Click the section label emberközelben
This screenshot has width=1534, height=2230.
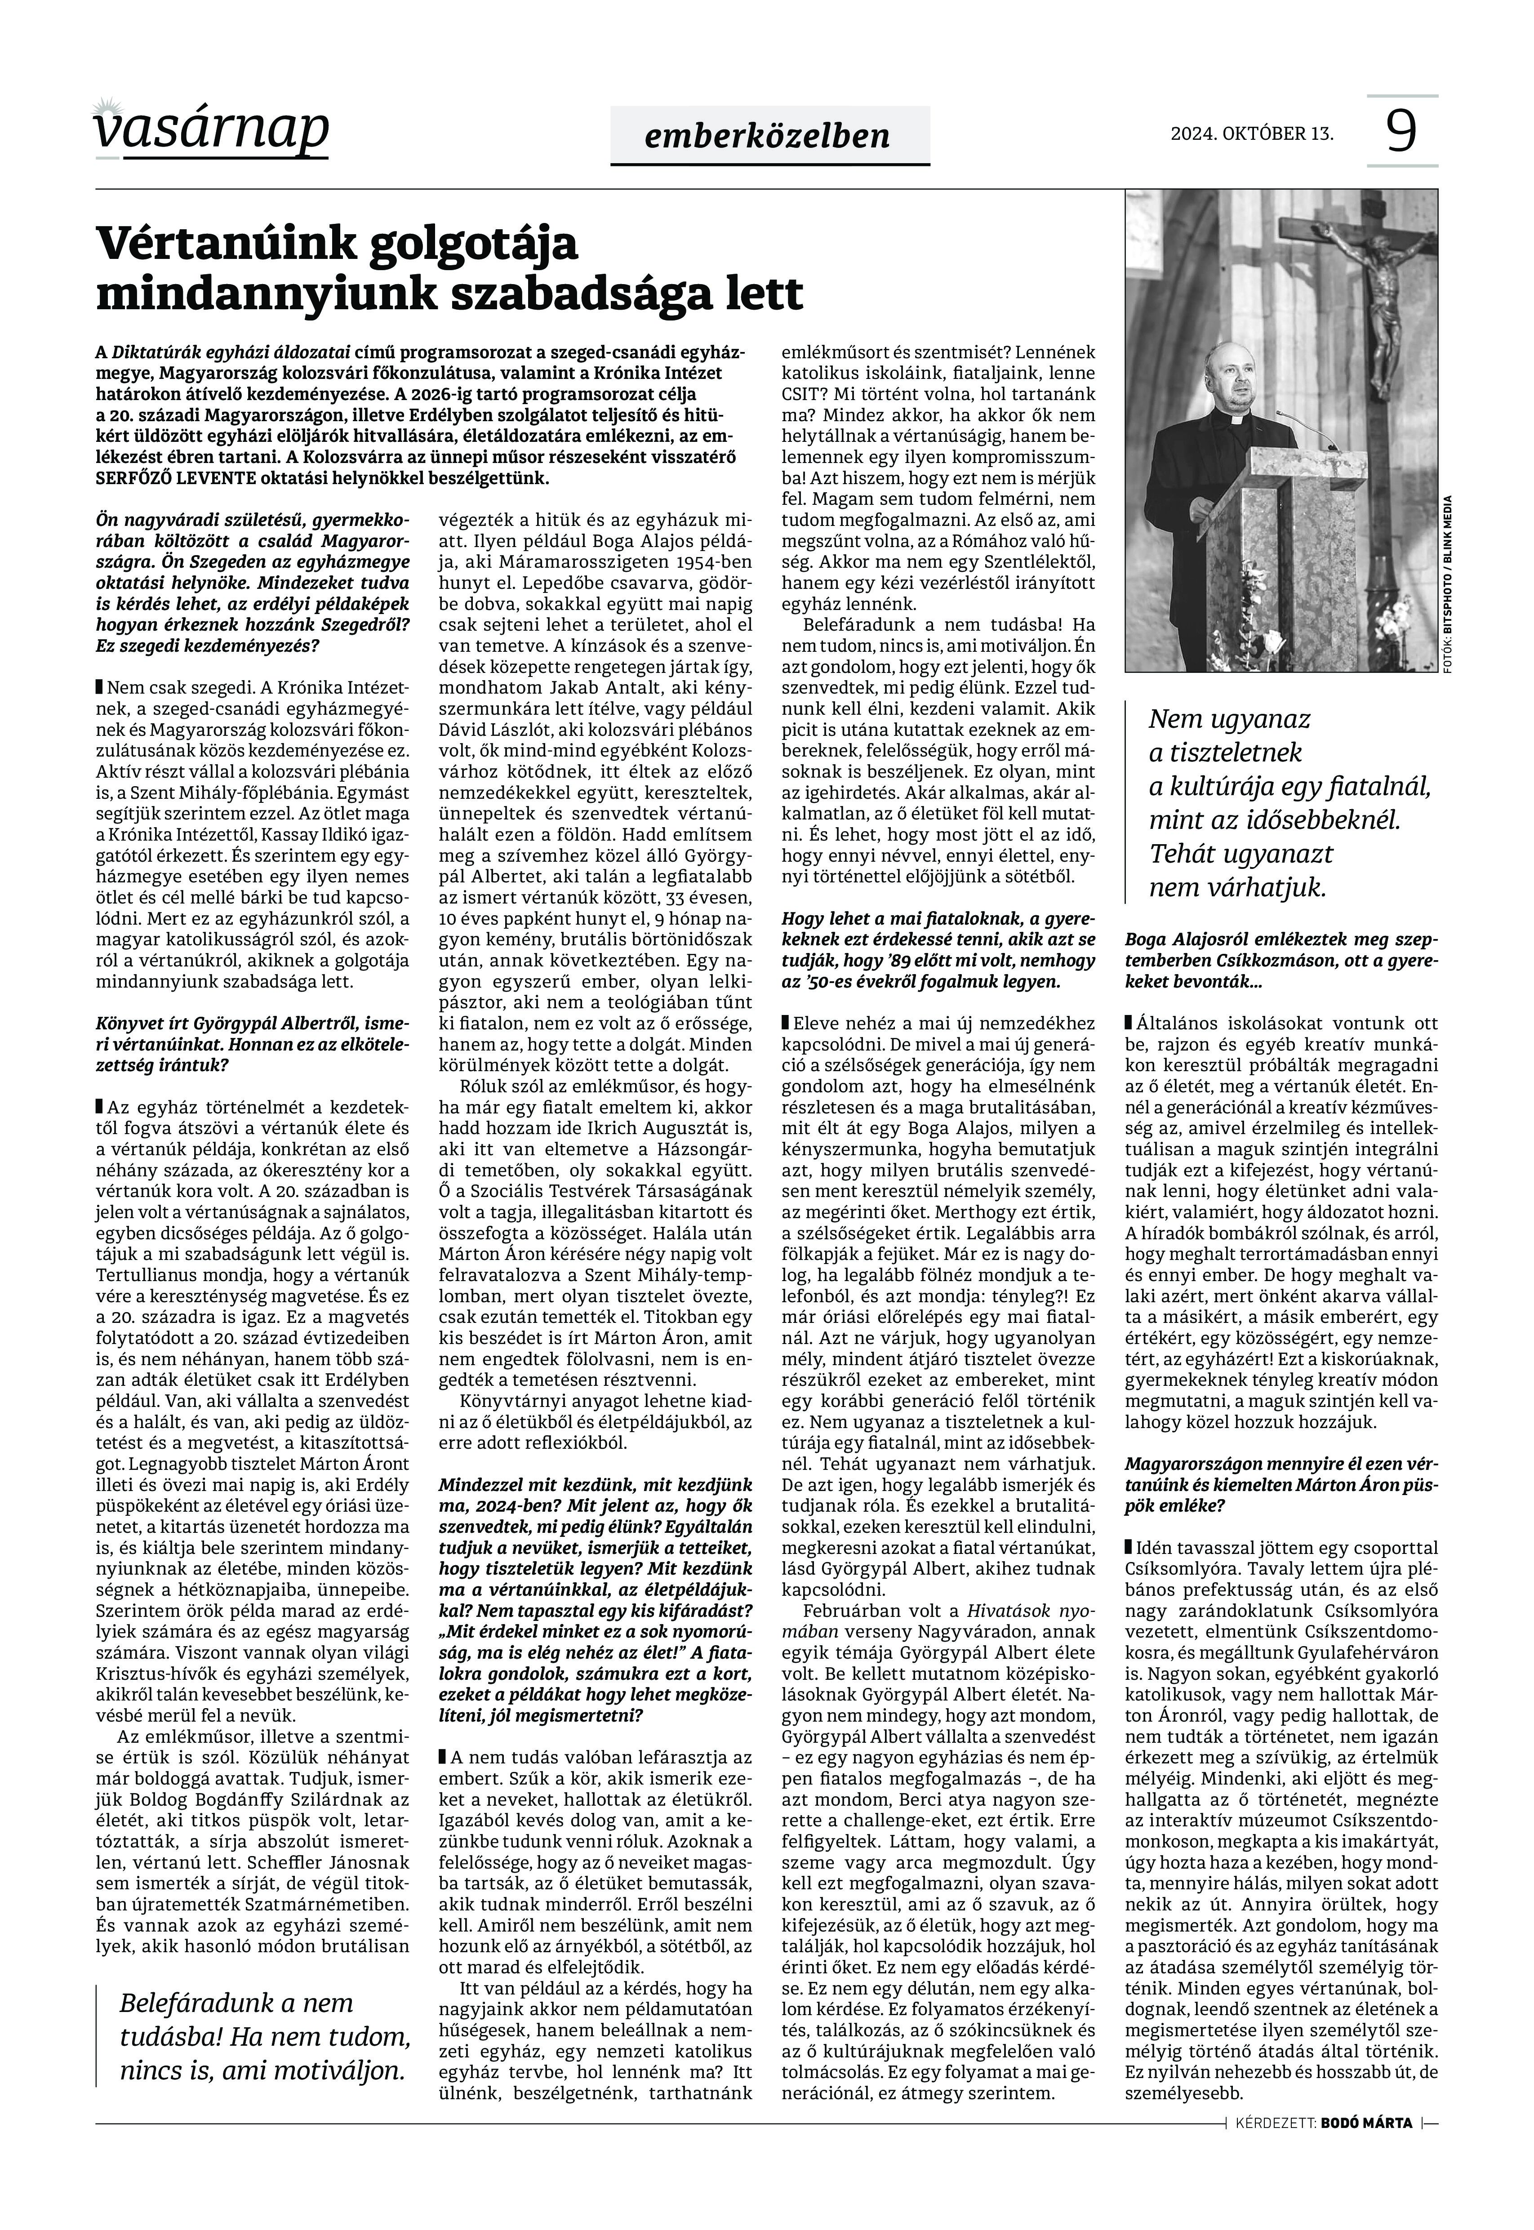(769, 136)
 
